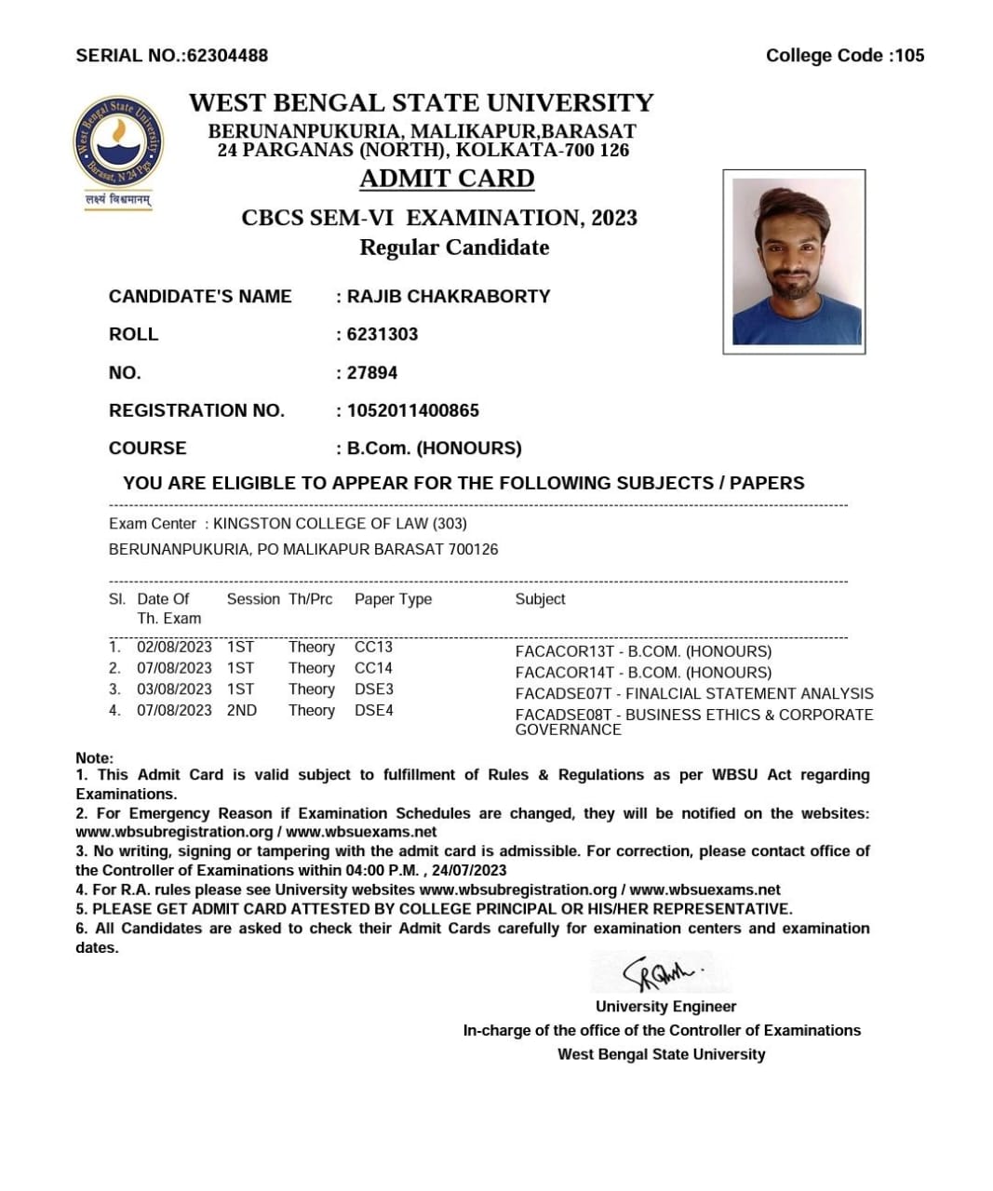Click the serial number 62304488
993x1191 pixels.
[x=227, y=56]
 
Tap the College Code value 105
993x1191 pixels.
[x=909, y=56]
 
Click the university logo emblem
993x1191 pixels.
[x=118, y=143]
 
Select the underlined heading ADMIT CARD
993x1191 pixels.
[x=447, y=179]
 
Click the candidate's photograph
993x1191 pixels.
[x=795, y=261]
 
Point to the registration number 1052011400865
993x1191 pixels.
[x=412, y=410]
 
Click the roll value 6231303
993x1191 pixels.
[x=382, y=334]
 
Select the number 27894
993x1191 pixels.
[x=372, y=372]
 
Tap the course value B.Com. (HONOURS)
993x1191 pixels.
[x=434, y=448]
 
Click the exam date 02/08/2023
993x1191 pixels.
[x=174, y=647]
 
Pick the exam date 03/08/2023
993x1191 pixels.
[x=174, y=689]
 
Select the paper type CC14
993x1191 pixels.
[x=373, y=668]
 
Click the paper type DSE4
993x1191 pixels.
[x=374, y=711]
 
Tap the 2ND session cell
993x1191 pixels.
[x=242, y=711]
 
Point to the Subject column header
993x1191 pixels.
[x=540, y=599]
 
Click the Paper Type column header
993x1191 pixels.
[x=393, y=599]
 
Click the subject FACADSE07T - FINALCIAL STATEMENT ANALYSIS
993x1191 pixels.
[x=694, y=694]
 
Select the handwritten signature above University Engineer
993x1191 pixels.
[x=661, y=972]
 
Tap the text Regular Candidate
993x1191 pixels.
[x=454, y=248]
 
